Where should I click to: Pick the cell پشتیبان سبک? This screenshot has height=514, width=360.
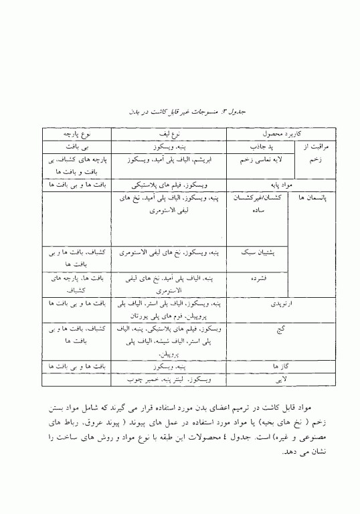[253, 254]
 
